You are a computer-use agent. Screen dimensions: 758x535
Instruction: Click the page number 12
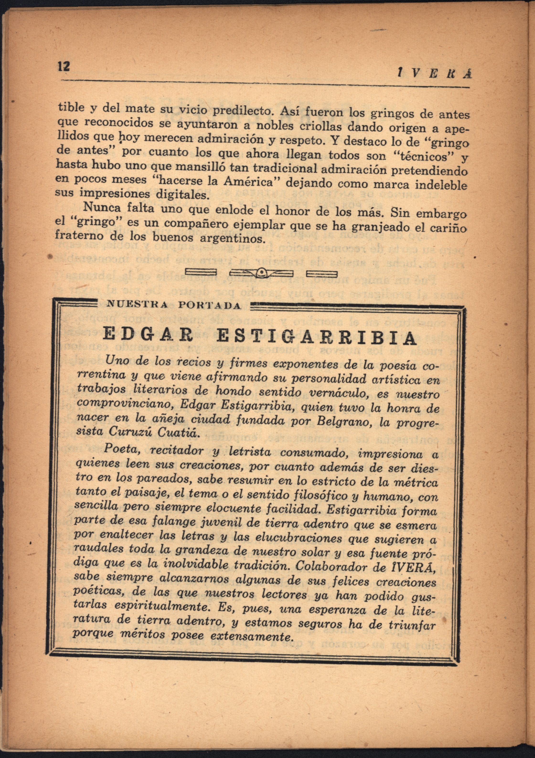64,66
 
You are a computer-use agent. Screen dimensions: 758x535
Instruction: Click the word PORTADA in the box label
209,305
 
